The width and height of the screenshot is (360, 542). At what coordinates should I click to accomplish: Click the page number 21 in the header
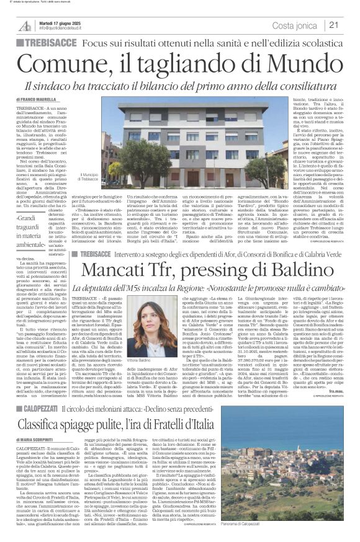(x=335, y=25)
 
